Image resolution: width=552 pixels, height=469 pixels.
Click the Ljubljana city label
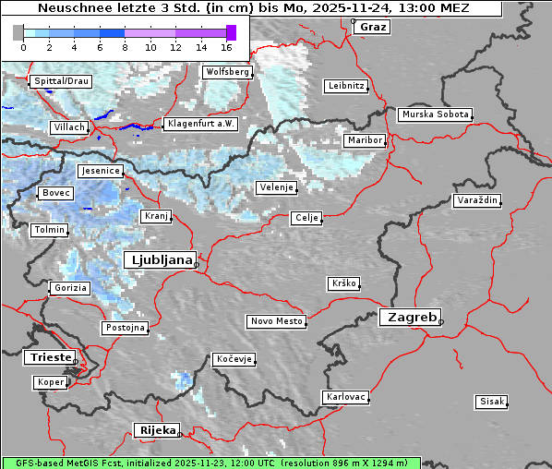click(x=159, y=259)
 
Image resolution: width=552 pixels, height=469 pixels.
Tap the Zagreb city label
click(x=408, y=317)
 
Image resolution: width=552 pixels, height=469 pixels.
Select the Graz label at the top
click(x=373, y=27)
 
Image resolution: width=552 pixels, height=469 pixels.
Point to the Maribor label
click(x=364, y=140)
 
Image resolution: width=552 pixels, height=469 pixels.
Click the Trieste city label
click(x=48, y=356)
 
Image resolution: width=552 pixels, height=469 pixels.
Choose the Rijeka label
click(x=157, y=430)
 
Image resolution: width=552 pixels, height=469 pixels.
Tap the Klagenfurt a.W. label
click(x=200, y=124)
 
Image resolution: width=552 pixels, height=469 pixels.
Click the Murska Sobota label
click(x=435, y=115)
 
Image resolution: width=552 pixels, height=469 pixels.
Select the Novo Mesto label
click(x=275, y=321)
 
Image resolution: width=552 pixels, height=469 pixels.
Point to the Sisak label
click(x=490, y=401)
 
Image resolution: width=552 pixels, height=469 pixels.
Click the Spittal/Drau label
click(x=61, y=81)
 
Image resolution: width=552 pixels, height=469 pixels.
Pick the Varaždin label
click(x=477, y=200)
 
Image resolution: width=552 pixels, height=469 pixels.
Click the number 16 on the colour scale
click(x=226, y=45)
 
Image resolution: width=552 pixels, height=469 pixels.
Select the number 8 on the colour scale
click(x=125, y=45)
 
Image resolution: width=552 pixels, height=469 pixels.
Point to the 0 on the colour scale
click(x=23, y=45)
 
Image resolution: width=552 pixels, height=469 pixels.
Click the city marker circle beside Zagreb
click(x=441, y=322)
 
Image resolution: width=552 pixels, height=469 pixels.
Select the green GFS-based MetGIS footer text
click(x=210, y=463)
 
